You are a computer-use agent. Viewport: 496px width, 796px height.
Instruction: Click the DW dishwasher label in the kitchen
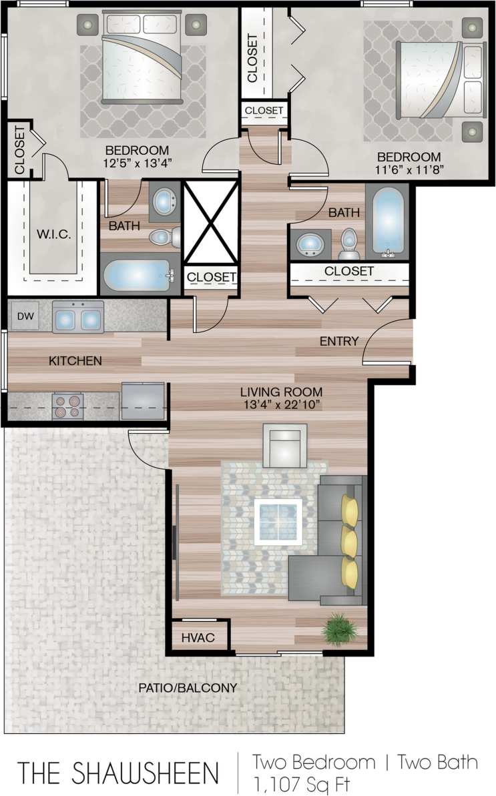click(x=25, y=317)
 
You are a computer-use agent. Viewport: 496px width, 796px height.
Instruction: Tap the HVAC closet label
click(x=198, y=638)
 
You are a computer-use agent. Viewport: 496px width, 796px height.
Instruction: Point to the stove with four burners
click(x=67, y=406)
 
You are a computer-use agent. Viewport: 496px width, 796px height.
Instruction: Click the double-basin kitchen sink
click(x=78, y=318)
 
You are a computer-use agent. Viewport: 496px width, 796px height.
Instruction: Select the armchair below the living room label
click(x=284, y=446)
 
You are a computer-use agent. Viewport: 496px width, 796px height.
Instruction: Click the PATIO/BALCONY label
click(x=188, y=687)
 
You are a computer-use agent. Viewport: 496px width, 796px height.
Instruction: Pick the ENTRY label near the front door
click(x=339, y=342)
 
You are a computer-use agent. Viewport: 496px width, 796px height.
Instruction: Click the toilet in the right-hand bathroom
click(x=349, y=244)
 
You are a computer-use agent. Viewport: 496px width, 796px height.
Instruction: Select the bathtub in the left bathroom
click(x=139, y=274)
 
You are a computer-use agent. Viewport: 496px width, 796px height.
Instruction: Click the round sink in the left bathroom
click(x=164, y=201)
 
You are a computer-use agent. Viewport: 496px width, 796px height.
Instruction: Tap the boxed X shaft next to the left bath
click(x=210, y=222)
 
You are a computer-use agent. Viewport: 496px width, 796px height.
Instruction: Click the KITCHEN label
click(x=75, y=361)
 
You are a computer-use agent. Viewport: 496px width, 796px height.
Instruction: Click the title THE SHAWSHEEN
click(x=118, y=773)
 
